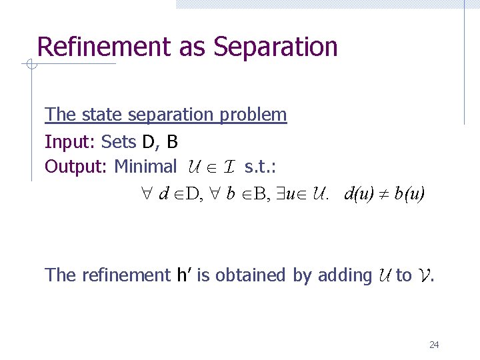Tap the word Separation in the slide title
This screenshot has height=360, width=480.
pos(275,47)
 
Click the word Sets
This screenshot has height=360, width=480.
pos(119,141)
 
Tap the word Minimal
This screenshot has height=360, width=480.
pos(146,166)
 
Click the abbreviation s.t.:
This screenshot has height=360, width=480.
pos(260,166)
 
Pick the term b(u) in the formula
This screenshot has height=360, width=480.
pos(409,193)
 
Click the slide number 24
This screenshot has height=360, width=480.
pos(434,345)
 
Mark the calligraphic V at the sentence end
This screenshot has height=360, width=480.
pos(424,275)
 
